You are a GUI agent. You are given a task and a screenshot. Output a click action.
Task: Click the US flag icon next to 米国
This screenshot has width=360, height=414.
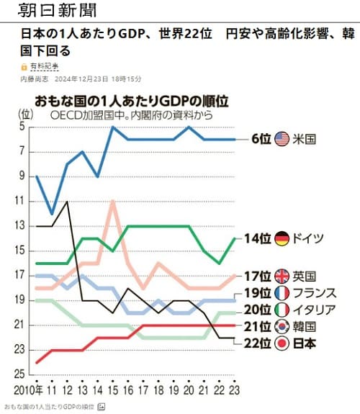(x=282, y=139)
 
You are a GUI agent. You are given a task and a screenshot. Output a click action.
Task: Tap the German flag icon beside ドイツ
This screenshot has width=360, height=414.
(x=282, y=238)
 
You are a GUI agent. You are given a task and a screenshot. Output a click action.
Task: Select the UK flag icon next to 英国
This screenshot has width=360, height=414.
(x=282, y=276)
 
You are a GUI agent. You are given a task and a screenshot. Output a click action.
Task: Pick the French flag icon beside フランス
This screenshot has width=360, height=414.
(x=282, y=293)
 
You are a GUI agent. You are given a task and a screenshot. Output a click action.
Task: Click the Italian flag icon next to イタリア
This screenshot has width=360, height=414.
(x=282, y=310)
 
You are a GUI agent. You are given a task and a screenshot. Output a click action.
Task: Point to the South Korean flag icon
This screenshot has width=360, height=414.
(x=282, y=327)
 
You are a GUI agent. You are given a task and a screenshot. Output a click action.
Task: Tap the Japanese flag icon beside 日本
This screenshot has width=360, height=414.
(x=282, y=343)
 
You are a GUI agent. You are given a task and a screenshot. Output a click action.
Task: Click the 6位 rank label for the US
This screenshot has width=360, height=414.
(x=261, y=139)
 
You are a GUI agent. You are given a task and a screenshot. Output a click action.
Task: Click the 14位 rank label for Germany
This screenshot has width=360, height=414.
(x=257, y=238)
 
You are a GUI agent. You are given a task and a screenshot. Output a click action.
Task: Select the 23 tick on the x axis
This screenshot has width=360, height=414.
(x=233, y=391)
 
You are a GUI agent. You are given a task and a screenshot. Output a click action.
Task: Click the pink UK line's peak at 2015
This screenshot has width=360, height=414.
(x=112, y=201)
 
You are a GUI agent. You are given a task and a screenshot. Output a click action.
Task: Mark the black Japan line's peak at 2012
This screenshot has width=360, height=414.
(x=67, y=202)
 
